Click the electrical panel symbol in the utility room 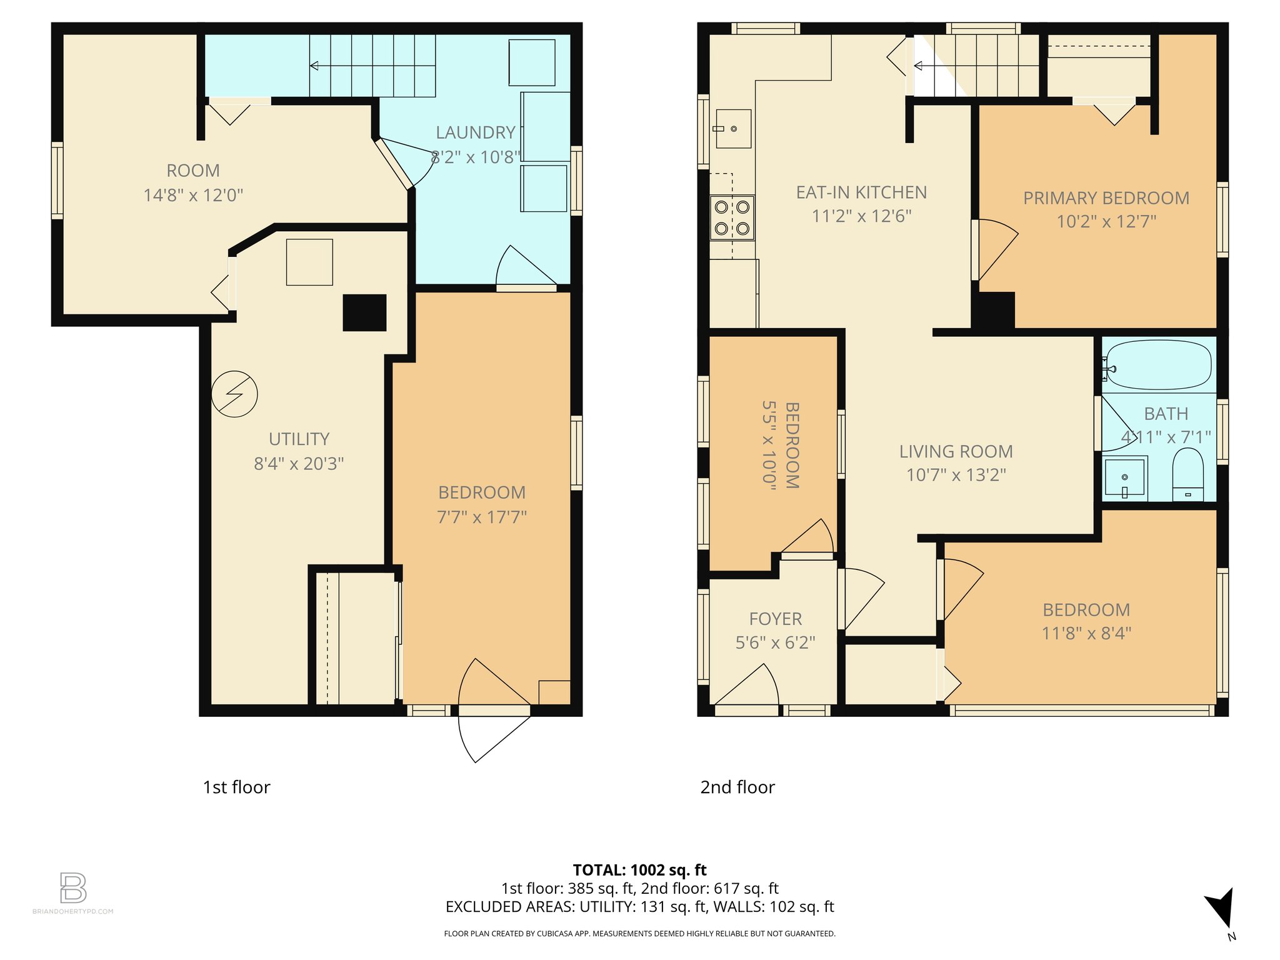tap(234, 394)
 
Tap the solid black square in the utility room tap(364, 312)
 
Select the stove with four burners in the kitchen tap(732, 218)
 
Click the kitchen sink tap(733, 129)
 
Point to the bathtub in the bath tap(1158, 365)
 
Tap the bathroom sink tap(1124, 478)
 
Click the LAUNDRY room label tap(475, 132)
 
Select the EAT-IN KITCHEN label tap(861, 192)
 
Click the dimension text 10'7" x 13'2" tap(956, 475)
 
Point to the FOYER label tap(775, 619)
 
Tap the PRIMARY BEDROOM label tap(1106, 198)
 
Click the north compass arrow tap(1221, 909)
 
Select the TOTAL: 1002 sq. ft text tap(639, 870)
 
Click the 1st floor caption tap(236, 787)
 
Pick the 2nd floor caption tap(737, 787)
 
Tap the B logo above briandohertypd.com tap(73, 887)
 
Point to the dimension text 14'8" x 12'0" tap(193, 196)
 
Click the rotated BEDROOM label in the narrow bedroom tap(792, 444)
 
